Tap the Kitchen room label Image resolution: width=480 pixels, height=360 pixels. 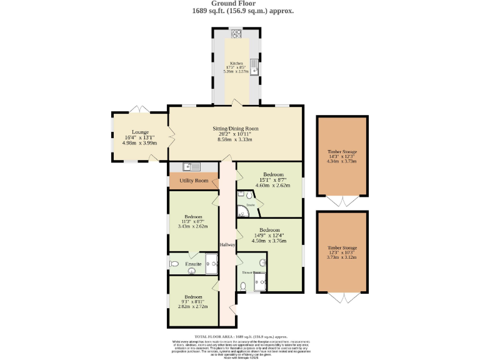pyautogui.click(x=236, y=63)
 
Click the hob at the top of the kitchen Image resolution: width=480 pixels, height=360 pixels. pyautogui.click(x=237, y=34)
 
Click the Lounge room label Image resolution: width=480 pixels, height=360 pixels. pyautogui.click(x=139, y=132)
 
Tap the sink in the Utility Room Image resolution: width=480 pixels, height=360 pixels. pyautogui.click(x=191, y=166)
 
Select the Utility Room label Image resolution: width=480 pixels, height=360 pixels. pyautogui.click(x=194, y=181)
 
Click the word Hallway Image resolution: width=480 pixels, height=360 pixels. pyautogui.click(x=227, y=244)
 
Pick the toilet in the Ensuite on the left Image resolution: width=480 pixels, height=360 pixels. pyautogui.click(x=174, y=264)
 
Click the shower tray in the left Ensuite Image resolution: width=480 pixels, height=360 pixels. pyautogui.click(x=210, y=264)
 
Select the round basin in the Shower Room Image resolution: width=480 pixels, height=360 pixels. pyautogui.click(x=263, y=262)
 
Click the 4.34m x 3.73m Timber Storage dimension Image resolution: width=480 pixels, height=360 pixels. pyautogui.click(x=342, y=161)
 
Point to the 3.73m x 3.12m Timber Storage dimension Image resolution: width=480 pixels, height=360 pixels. pyautogui.click(x=342, y=256)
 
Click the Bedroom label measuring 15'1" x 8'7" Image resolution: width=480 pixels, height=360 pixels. pyautogui.click(x=273, y=174)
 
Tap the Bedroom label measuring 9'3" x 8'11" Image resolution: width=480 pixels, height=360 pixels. pyautogui.click(x=193, y=297)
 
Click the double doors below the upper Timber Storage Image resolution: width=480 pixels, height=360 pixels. pyautogui.click(x=342, y=201)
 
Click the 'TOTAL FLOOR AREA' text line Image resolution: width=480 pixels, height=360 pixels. pyautogui.click(x=240, y=336)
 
